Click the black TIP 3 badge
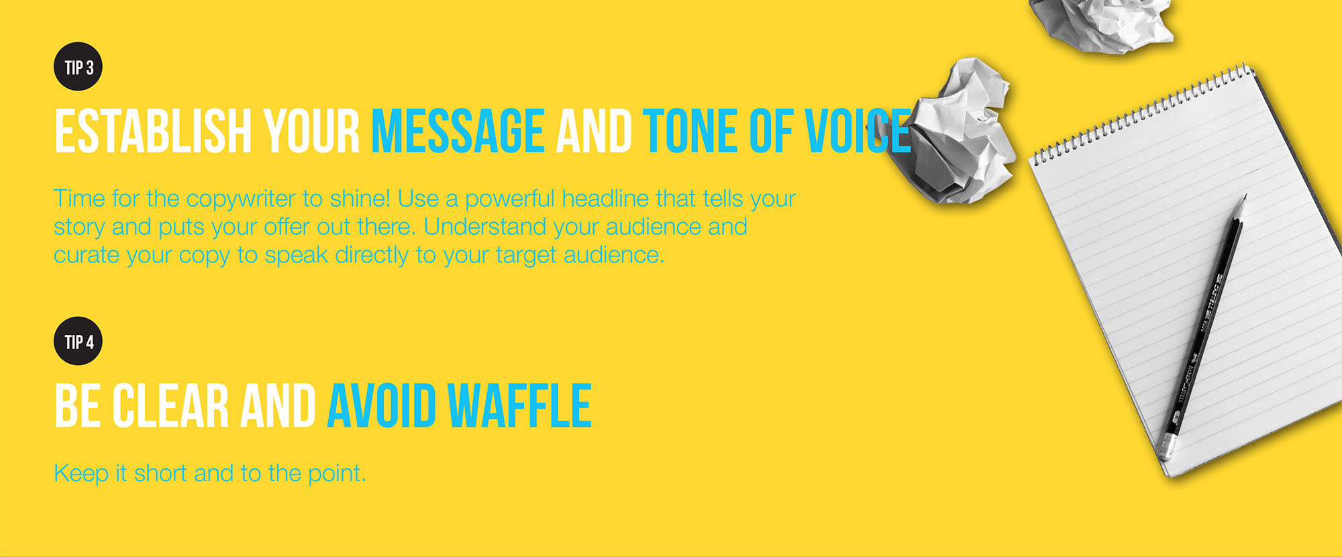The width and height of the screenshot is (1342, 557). click(78, 67)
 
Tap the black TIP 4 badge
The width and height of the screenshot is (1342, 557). click(78, 341)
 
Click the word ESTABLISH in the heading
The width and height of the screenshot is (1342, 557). click(153, 131)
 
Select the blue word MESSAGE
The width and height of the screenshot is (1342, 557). click(458, 131)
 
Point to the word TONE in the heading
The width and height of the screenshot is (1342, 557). click(690, 131)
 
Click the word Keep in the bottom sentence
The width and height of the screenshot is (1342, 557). click(81, 474)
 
